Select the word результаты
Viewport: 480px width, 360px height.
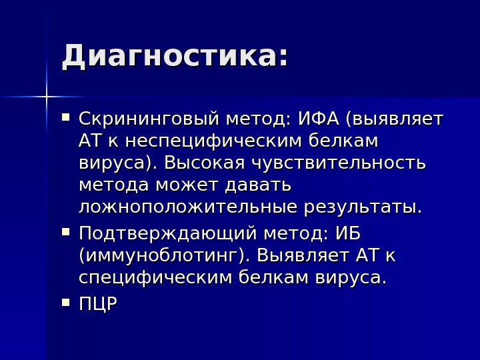362,207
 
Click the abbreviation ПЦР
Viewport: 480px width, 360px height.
98,305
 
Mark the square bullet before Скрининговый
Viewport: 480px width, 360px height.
65,118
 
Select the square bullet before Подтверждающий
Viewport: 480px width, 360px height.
65,233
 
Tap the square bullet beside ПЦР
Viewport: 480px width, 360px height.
65,303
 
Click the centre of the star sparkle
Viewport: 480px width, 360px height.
47,97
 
